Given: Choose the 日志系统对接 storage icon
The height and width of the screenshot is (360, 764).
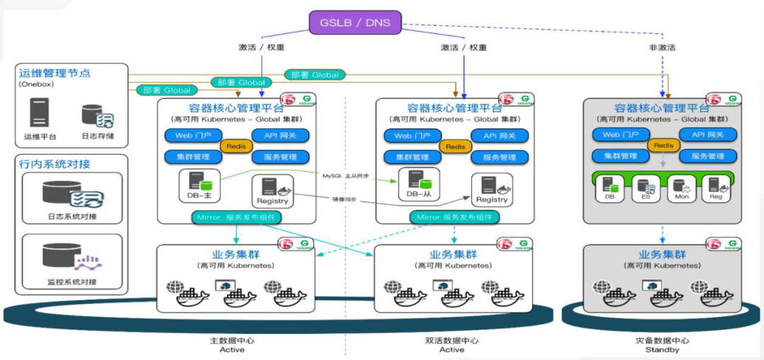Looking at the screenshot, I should click(72, 193).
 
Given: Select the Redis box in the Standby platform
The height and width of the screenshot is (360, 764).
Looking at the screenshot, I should click(663, 146).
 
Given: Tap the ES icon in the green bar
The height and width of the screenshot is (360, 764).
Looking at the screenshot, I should click(645, 185).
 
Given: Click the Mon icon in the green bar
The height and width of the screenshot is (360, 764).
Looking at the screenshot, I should click(681, 185).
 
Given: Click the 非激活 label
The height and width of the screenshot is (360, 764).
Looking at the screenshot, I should click(663, 47).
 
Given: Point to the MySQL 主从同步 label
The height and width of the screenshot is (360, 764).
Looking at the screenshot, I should click(347, 175).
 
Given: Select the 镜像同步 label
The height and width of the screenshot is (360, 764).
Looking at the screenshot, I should click(343, 200).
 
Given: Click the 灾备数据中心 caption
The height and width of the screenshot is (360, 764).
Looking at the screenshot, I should click(662, 340).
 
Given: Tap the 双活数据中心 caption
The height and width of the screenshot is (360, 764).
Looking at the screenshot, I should click(452, 340).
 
